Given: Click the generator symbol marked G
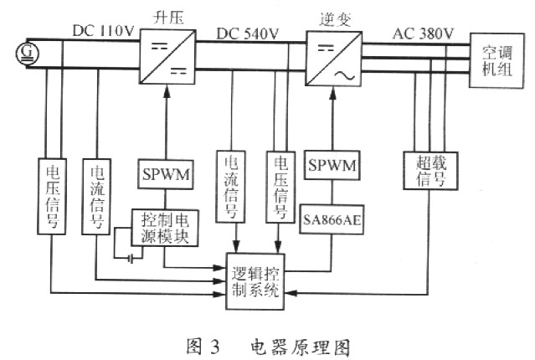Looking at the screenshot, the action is pyautogui.click(x=28, y=54).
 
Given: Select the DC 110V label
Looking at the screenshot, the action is pyautogui.click(x=103, y=31).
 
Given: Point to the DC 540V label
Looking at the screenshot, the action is pyautogui.click(x=248, y=33).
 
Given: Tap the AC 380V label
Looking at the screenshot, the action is pyautogui.click(x=423, y=33).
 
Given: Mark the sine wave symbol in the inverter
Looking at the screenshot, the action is pyautogui.click(x=344, y=75).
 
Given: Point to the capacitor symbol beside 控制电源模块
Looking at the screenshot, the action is pyautogui.click(x=131, y=259).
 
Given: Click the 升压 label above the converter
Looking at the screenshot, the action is pyautogui.click(x=168, y=18).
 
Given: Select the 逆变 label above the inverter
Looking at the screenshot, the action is pyautogui.click(x=335, y=19).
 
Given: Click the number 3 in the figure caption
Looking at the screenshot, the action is pyautogui.click(x=214, y=347).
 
